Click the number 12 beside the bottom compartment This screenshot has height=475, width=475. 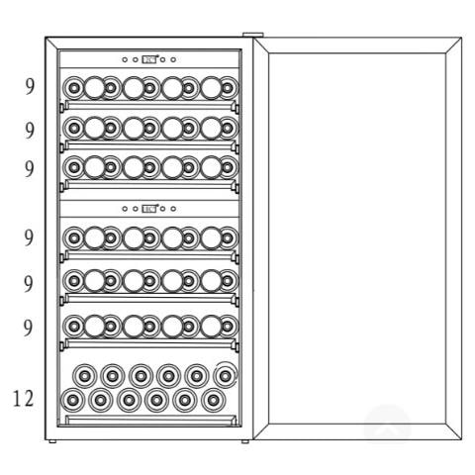tap(24, 399)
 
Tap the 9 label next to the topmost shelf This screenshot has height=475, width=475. tap(30, 87)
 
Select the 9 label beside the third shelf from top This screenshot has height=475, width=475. tap(30, 168)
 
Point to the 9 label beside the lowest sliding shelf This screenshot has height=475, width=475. tap(29, 328)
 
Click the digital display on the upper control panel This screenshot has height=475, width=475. tap(149, 59)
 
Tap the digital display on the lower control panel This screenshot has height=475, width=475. tap(149, 209)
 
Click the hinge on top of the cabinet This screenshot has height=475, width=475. tap(253, 35)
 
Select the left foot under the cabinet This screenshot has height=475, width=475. tap(52, 441)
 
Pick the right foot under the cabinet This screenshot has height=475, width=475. tap(245, 441)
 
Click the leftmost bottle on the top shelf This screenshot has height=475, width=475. tap(74, 88)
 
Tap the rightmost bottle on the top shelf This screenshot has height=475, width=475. tap(228, 88)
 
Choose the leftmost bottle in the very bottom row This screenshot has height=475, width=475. tap(72, 400)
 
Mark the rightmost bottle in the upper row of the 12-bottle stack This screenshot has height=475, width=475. tap(226, 375)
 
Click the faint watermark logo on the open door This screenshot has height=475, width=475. tap(388, 426)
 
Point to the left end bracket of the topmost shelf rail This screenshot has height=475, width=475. tap(61, 108)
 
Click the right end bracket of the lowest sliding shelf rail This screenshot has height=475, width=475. tap(237, 346)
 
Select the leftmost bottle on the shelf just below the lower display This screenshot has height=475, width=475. tap(74, 237)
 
